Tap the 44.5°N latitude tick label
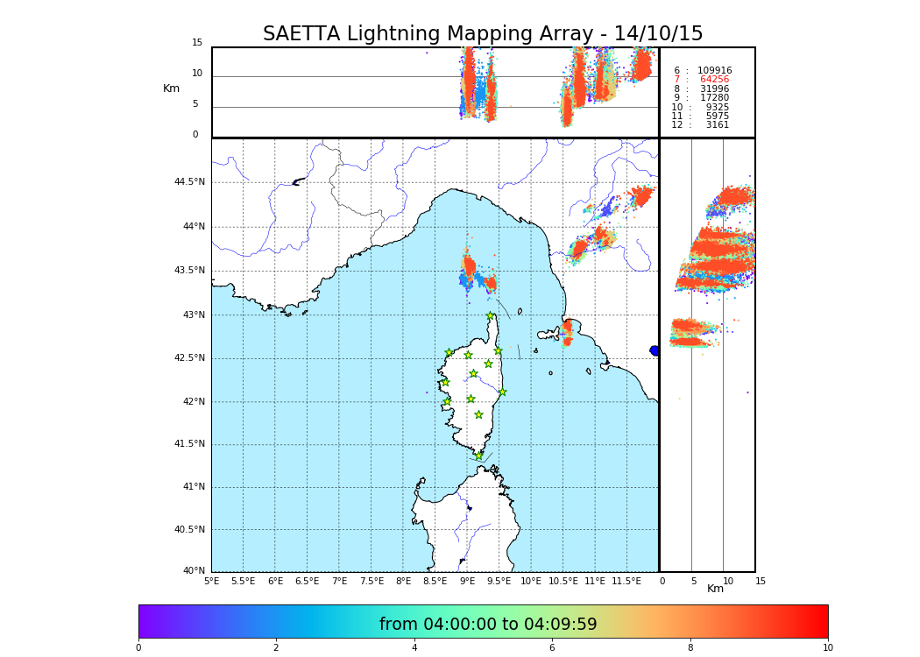click(189, 182)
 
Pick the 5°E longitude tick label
click(211, 581)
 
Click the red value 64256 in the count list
click(714, 80)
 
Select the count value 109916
click(714, 71)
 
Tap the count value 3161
click(717, 125)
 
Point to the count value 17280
click(714, 98)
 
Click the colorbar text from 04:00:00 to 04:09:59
click(488, 625)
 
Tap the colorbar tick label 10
click(827, 648)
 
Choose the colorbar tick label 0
click(138, 648)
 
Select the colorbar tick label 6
click(552, 648)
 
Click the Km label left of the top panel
click(171, 88)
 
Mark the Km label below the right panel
click(716, 589)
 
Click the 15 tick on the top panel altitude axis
click(197, 43)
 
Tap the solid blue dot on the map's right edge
click(655, 350)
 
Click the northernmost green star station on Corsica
click(491, 316)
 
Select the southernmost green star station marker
click(478, 456)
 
